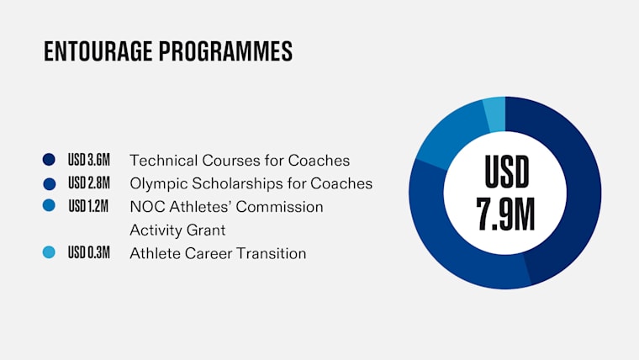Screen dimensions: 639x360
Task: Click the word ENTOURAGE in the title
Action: pyautogui.click(x=98, y=51)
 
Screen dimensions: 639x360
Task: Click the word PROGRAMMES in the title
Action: pyautogui.click(x=225, y=51)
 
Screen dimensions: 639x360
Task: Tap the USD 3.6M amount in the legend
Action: pyautogui.click(x=89, y=160)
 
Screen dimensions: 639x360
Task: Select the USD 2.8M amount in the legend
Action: pyautogui.click(x=89, y=183)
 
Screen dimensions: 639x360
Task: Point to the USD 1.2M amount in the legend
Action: pyautogui.click(x=88, y=206)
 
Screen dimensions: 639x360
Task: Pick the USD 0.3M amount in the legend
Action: pyautogui.click(x=89, y=253)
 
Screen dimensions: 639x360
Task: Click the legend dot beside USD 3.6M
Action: pyautogui.click(x=49, y=160)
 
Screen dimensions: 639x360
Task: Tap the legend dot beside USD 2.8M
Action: pyautogui.click(x=49, y=184)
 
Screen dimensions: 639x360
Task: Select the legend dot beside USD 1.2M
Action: pyautogui.click(x=49, y=205)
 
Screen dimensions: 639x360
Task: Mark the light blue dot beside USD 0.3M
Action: pyautogui.click(x=49, y=252)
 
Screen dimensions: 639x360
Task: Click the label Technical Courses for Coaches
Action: pyautogui.click(x=240, y=160)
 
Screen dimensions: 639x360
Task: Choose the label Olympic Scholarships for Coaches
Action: pyautogui.click(x=251, y=184)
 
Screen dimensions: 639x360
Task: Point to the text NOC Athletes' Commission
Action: pyautogui.click(x=226, y=207)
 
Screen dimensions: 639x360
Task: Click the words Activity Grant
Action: pyautogui.click(x=177, y=230)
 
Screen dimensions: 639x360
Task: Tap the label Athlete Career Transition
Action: pyautogui.click(x=218, y=253)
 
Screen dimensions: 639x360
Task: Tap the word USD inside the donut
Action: pyautogui.click(x=506, y=172)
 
